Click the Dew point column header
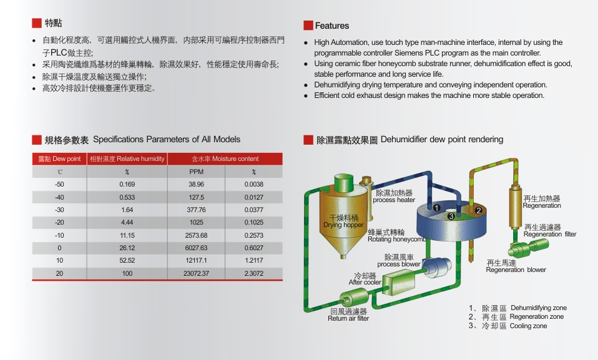pos(59,158)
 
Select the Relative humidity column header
pos(127,158)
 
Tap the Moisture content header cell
pos(225,158)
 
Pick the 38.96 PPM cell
pos(196,184)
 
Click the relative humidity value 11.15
pos(127,235)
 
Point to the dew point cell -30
pos(59,210)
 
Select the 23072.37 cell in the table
pos(196,273)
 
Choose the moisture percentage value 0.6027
pos(254,248)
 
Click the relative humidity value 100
pos(127,273)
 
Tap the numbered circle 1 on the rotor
pos(437,208)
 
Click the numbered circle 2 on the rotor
pos(478,210)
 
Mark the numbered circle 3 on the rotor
pos(451,216)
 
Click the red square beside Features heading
pos(308,26)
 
